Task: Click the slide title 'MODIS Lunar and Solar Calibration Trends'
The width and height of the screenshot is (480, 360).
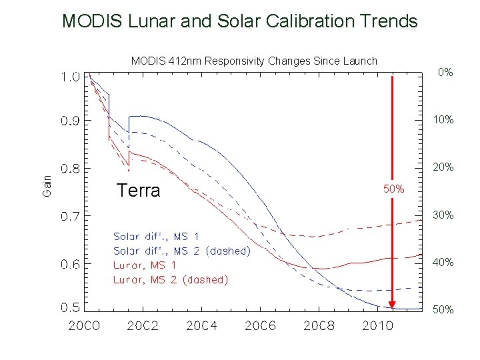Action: click(239, 21)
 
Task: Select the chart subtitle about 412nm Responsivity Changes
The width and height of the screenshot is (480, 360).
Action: click(254, 61)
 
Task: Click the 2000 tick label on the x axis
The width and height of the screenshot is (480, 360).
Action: click(85, 326)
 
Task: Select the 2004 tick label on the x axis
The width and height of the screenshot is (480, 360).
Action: click(202, 326)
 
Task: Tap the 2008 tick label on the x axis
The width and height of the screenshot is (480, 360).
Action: click(319, 326)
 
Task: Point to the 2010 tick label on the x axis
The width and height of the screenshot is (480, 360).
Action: click(378, 326)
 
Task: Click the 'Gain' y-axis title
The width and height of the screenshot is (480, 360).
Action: click(47, 185)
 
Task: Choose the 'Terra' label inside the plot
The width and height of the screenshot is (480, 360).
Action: click(138, 191)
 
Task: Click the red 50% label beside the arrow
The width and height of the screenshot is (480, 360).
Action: click(393, 189)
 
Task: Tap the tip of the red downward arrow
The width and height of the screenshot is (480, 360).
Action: click(393, 308)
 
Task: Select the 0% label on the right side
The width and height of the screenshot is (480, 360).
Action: click(445, 72)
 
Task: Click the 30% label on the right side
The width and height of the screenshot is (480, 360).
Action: click(443, 215)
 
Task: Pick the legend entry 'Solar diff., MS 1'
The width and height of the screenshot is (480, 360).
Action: click(156, 237)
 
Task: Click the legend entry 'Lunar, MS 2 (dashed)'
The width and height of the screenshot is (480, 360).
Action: click(171, 280)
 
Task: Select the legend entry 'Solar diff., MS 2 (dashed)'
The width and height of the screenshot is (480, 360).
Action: click(181, 251)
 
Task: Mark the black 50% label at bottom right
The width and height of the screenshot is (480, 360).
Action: click(443, 310)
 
